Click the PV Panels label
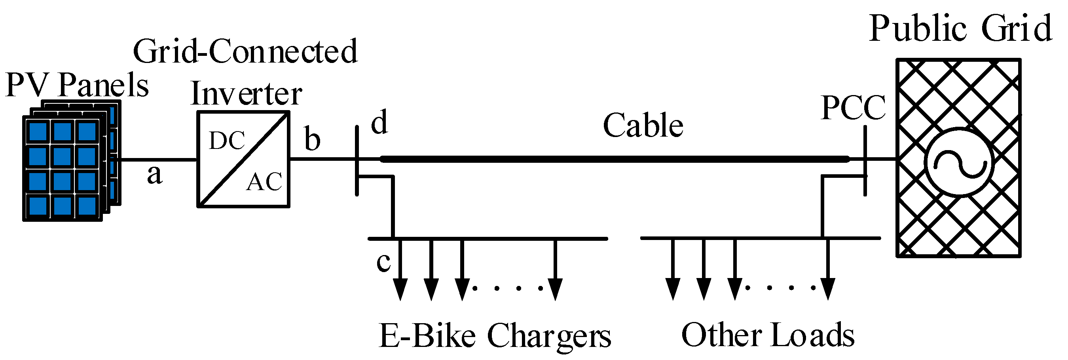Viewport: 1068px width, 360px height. (77, 85)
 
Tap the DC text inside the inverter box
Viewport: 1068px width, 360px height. (227, 141)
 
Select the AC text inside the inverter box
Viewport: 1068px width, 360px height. (264, 182)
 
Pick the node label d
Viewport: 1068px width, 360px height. (379, 122)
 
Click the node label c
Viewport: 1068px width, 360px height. (383, 261)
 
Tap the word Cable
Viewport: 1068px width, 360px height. (643, 125)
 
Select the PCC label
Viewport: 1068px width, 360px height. (853, 108)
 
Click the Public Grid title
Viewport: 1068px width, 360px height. (960, 29)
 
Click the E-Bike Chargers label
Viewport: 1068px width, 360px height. (495, 336)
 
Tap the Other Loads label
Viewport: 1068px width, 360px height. (768, 335)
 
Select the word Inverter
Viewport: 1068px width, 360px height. (246, 94)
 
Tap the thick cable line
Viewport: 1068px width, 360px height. (614, 159)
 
